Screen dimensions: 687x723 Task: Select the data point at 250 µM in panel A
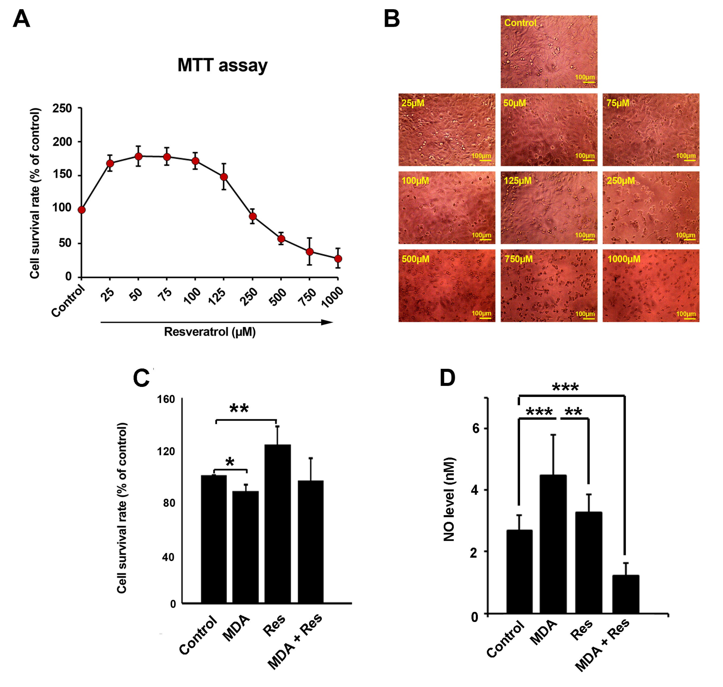[x=252, y=216]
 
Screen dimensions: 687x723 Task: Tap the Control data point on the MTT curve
[x=82, y=210]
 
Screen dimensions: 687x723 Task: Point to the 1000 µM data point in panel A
[x=338, y=259]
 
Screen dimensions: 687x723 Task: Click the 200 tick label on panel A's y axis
[x=62, y=142]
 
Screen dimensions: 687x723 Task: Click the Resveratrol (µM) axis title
[x=209, y=332]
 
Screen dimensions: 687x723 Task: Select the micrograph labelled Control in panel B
[x=549, y=52]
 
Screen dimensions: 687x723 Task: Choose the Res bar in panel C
[x=278, y=524]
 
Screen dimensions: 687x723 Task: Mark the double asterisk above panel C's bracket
[x=239, y=408]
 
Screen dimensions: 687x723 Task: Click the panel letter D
[x=447, y=378]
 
